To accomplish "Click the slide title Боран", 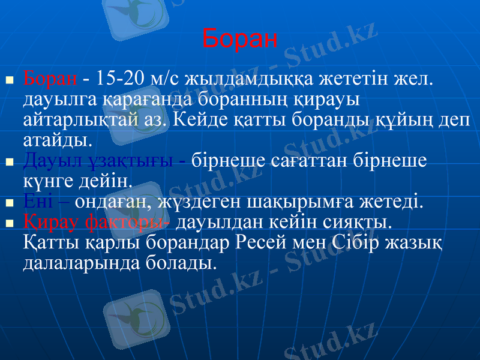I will (240, 39).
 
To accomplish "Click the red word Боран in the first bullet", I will (50, 79).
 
